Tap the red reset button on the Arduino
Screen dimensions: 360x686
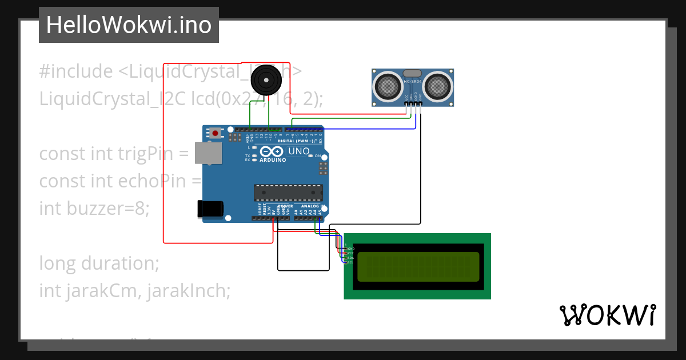215,133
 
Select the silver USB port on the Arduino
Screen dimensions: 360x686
208,153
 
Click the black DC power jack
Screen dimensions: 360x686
210,209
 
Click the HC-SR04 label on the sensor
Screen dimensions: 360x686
412,82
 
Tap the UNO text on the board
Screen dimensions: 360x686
298,151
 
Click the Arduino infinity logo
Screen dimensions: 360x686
272,151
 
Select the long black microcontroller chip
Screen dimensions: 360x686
288,193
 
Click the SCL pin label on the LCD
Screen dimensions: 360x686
350,262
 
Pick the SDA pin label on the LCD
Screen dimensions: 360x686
350,258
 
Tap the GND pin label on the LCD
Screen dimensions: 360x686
350,249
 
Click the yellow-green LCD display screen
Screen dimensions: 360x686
418,267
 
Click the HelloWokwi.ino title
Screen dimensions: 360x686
129,25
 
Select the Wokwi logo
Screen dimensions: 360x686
607,315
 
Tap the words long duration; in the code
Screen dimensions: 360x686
98,263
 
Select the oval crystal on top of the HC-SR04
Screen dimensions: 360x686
412,73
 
